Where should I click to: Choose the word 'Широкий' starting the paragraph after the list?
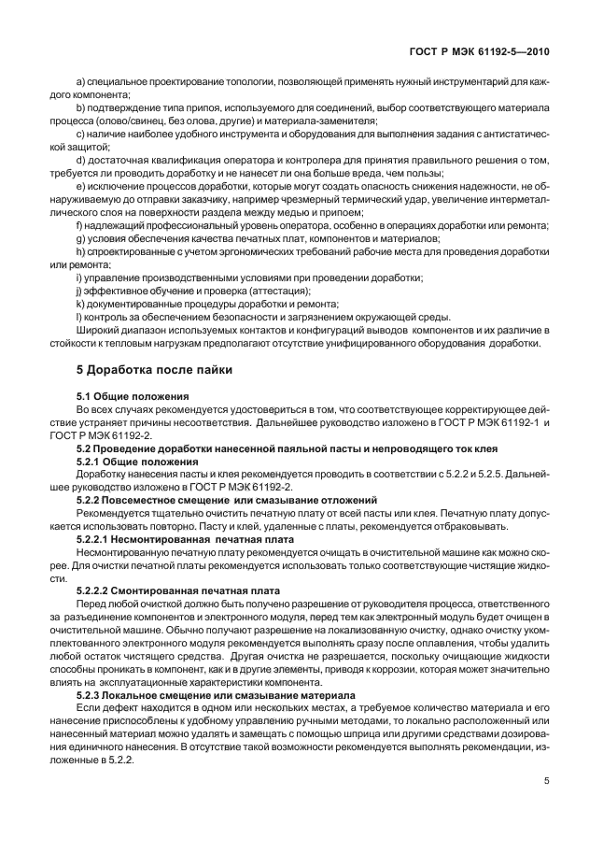98,331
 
